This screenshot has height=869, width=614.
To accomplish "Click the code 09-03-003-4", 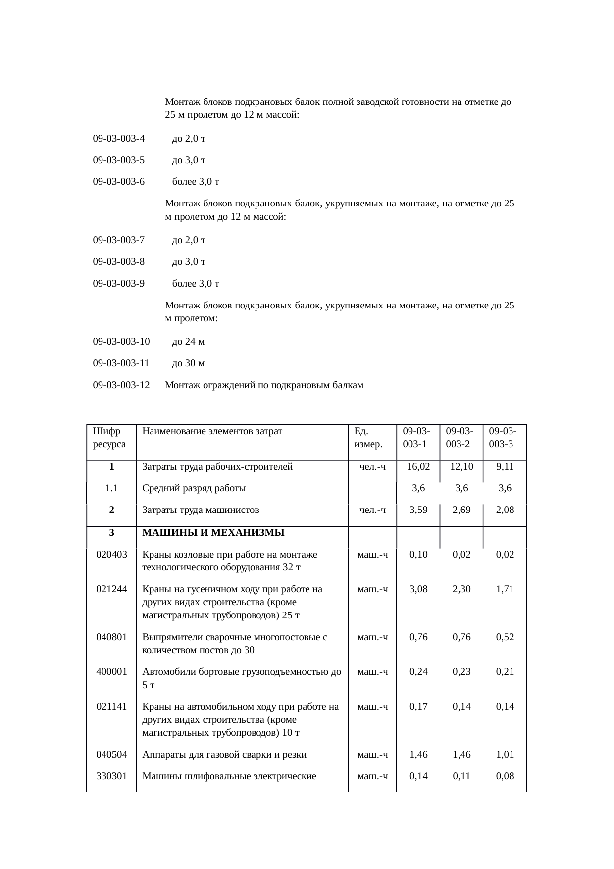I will (x=118, y=139).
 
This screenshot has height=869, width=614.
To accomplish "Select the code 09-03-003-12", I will (x=121, y=385).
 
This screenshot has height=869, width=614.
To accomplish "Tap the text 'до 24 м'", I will (x=188, y=342).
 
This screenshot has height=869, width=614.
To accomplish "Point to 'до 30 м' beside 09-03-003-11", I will (x=188, y=363).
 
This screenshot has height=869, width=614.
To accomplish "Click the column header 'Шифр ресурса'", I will (x=109, y=437).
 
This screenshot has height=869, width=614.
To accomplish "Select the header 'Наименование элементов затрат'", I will (x=212, y=431).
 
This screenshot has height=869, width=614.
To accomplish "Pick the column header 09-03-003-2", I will (x=460, y=437).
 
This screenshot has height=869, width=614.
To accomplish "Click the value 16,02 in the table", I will (x=418, y=466).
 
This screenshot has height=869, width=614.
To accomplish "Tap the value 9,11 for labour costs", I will (x=505, y=466).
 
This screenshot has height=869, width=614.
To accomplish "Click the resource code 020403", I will (x=111, y=554).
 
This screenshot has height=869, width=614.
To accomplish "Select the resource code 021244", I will (x=111, y=589).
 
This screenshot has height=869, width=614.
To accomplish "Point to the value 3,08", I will (x=418, y=589).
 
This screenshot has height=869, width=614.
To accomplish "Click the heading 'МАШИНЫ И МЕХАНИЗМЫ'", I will (x=213, y=533).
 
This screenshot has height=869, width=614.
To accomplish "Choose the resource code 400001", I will (x=111, y=672).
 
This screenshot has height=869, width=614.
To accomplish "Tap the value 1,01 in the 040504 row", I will (x=505, y=755).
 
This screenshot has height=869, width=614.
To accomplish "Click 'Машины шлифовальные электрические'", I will (x=229, y=776).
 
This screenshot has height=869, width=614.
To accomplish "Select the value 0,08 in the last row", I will (x=505, y=776).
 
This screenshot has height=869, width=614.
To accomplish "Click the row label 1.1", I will (x=111, y=488).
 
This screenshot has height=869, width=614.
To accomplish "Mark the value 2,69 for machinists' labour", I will (x=461, y=510).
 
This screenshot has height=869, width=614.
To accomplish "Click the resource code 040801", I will (x=111, y=637).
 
